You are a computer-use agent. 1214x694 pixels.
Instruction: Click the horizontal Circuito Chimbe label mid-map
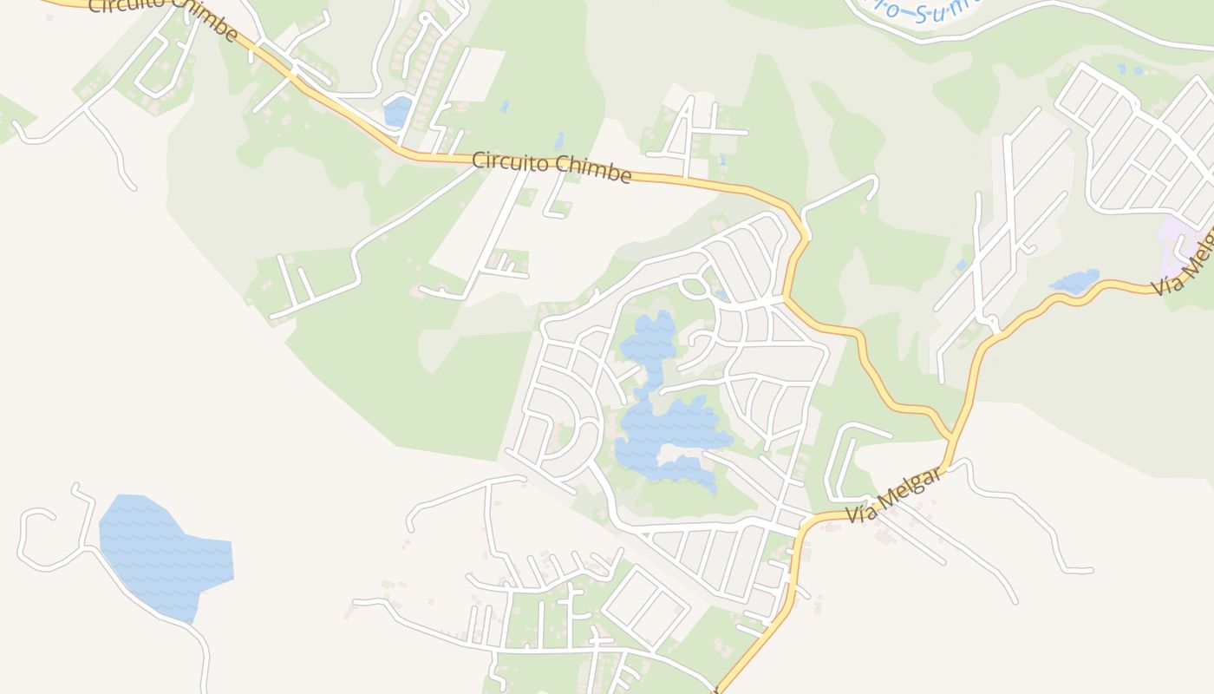pyautogui.click(x=552, y=167)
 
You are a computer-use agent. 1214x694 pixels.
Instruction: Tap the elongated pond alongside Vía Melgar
pyautogui.click(x=1075, y=281)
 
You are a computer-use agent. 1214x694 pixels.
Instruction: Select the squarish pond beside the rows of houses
pyautogui.click(x=397, y=111)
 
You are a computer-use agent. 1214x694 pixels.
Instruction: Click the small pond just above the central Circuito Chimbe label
pyautogui.click(x=559, y=141)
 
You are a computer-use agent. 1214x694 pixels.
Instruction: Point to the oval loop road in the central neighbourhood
pyautogui.click(x=693, y=285)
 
